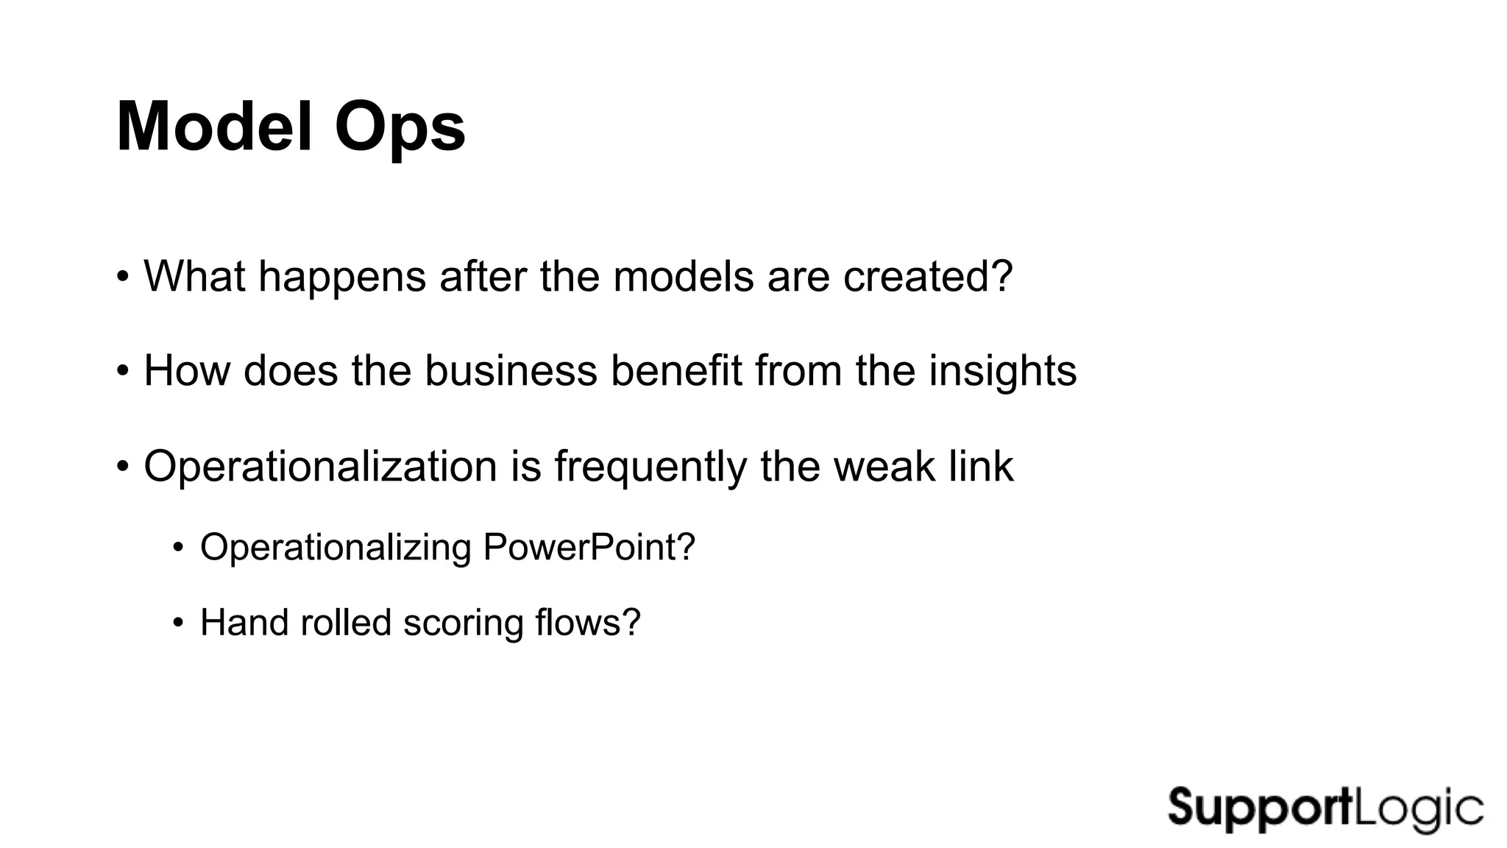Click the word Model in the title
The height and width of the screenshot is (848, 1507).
click(217, 127)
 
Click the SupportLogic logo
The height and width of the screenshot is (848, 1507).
click(1325, 809)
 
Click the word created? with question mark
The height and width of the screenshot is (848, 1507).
click(928, 276)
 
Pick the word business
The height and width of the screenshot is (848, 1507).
click(511, 370)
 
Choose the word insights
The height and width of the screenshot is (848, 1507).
click(1002, 370)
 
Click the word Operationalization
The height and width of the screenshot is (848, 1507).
click(321, 467)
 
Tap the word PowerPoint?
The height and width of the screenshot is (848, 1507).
click(589, 548)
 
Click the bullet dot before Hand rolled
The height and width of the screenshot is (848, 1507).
click(177, 623)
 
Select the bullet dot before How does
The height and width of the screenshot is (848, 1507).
click(123, 371)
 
